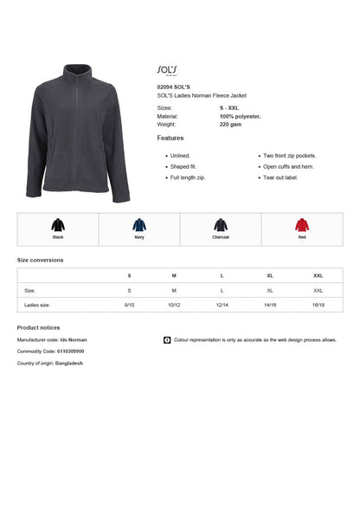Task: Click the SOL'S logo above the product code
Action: [x=167, y=69]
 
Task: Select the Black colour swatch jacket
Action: [x=58, y=225]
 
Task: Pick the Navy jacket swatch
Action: [x=139, y=225]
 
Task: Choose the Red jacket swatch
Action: [x=302, y=225]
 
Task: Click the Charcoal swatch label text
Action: [x=221, y=236]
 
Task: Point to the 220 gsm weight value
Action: [x=231, y=124]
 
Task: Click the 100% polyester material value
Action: [x=241, y=115]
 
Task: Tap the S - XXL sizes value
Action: [x=230, y=107]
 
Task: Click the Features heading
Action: [x=170, y=139]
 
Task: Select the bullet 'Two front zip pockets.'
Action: [x=290, y=156]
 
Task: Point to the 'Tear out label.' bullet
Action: [x=280, y=177]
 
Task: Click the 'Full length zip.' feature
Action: [x=188, y=177]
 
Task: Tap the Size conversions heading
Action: [x=40, y=260]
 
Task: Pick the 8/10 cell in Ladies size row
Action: [x=130, y=305]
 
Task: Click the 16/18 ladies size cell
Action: [x=318, y=305]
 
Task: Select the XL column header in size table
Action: [x=270, y=275]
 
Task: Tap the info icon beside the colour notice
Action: [x=167, y=340]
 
